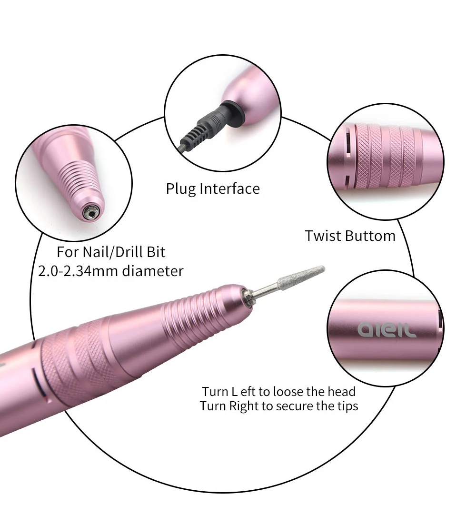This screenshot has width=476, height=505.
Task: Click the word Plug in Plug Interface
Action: click(181, 189)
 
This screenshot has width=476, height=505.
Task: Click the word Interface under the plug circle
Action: click(229, 189)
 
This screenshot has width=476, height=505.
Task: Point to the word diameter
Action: click(152, 271)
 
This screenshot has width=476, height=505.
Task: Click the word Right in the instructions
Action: click(242, 406)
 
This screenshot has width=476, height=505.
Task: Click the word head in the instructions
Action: click(342, 392)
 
